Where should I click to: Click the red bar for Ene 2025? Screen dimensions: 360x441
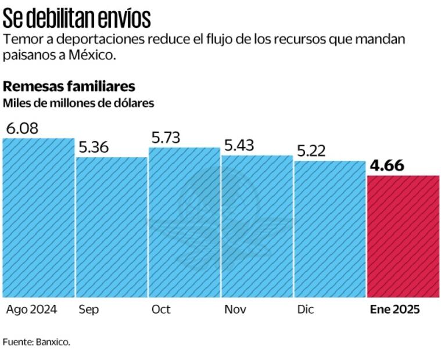click(403, 236)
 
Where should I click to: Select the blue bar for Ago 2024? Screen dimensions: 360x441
click(38, 218)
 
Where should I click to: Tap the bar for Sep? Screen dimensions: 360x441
click(112, 227)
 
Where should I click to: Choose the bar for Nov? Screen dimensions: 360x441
click(257, 226)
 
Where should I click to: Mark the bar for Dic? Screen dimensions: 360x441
click(329, 229)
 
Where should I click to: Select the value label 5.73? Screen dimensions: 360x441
click(166, 138)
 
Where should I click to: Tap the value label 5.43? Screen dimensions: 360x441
click(239, 146)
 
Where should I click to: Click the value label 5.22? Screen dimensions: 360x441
click(311, 151)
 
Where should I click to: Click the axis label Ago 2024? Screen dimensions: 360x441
click(31, 309)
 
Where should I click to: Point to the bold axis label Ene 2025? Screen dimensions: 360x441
click(395, 309)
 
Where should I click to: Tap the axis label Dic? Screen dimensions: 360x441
click(305, 309)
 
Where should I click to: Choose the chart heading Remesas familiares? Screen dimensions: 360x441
click(69, 87)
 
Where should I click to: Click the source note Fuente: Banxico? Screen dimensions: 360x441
click(36, 341)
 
